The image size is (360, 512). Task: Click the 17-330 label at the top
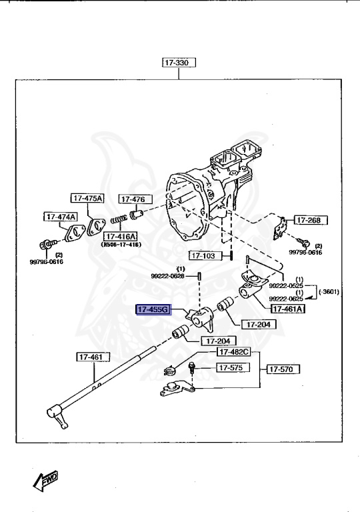pos(177,63)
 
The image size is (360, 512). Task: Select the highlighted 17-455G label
pos(153,310)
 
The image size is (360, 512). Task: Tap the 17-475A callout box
pos(87,198)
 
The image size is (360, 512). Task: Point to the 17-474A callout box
pos(61,217)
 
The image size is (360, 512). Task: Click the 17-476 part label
pos(136,199)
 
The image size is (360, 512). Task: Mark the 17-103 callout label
pos(203,255)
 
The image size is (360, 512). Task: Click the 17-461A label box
pos(287,309)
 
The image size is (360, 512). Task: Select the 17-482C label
pos(233,352)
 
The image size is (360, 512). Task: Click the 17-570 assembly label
pos(283,368)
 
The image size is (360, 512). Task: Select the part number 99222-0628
pos(169,275)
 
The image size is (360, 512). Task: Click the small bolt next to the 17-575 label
pos(193,367)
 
